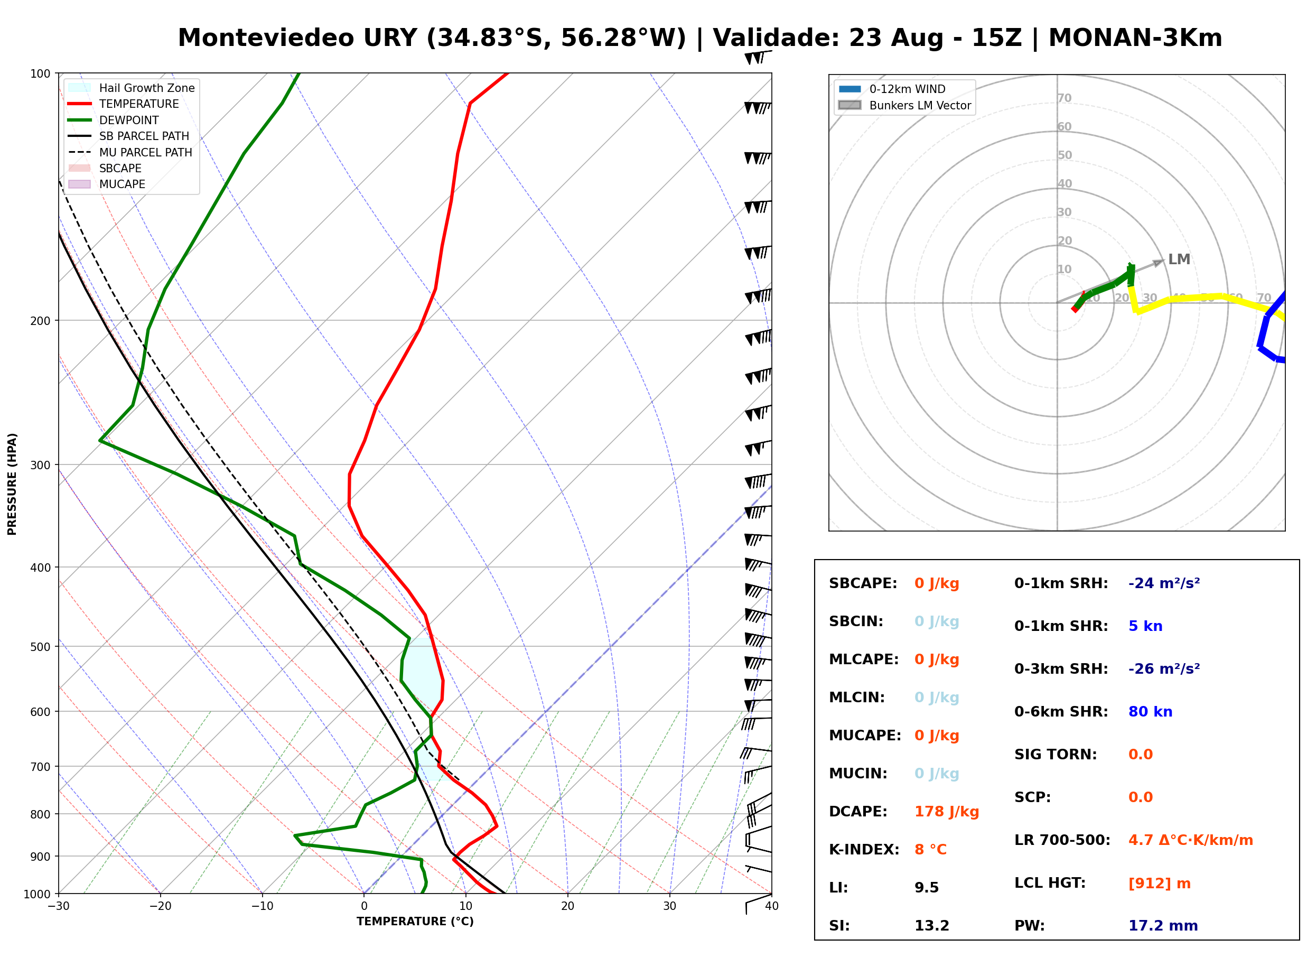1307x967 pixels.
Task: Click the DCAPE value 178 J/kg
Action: [946, 812]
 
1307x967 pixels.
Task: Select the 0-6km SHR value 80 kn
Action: [1150, 712]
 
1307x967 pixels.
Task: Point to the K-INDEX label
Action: [864, 850]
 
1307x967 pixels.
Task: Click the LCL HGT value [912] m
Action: [1160, 884]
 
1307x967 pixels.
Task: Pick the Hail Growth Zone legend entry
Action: [132, 88]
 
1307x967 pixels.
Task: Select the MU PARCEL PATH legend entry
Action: [130, 152]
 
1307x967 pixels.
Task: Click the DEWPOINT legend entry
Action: [114, 120]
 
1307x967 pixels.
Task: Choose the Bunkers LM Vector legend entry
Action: [904, 105]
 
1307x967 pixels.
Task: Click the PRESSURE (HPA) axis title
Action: [12, 484]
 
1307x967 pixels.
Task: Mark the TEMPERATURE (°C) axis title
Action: [415, 922]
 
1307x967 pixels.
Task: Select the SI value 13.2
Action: [931, 926]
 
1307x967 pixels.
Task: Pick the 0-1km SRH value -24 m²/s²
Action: [1164, 583]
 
